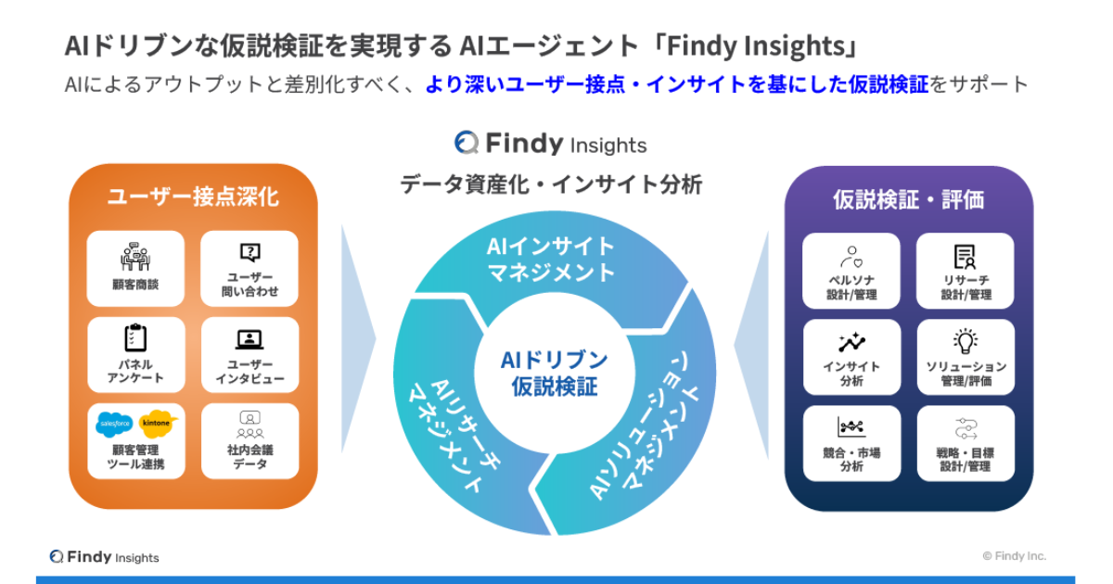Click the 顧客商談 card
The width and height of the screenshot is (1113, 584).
135,268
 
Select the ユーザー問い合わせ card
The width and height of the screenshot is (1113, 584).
249,268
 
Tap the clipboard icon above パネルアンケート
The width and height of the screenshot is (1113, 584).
135,337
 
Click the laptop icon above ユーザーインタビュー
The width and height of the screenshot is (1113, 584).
249,339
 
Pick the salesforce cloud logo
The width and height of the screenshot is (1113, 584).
114,425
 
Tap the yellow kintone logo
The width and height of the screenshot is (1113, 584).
158,423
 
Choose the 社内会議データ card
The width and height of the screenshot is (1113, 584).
249,441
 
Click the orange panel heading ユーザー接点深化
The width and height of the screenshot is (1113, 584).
193,197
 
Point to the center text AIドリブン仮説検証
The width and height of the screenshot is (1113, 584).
554,374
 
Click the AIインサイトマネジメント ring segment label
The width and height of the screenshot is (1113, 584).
551,260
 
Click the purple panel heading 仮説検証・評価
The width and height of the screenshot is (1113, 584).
909,199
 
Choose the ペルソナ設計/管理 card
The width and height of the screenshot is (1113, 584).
851,271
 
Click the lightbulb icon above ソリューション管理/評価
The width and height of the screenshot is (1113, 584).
966,341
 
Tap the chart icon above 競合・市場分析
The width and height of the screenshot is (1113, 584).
851,426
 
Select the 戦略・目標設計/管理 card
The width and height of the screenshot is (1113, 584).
966,443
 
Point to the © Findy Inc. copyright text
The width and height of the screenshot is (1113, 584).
1014,556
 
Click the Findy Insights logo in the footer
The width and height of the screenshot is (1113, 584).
104,557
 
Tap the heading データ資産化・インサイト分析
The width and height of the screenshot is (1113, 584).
551,184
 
